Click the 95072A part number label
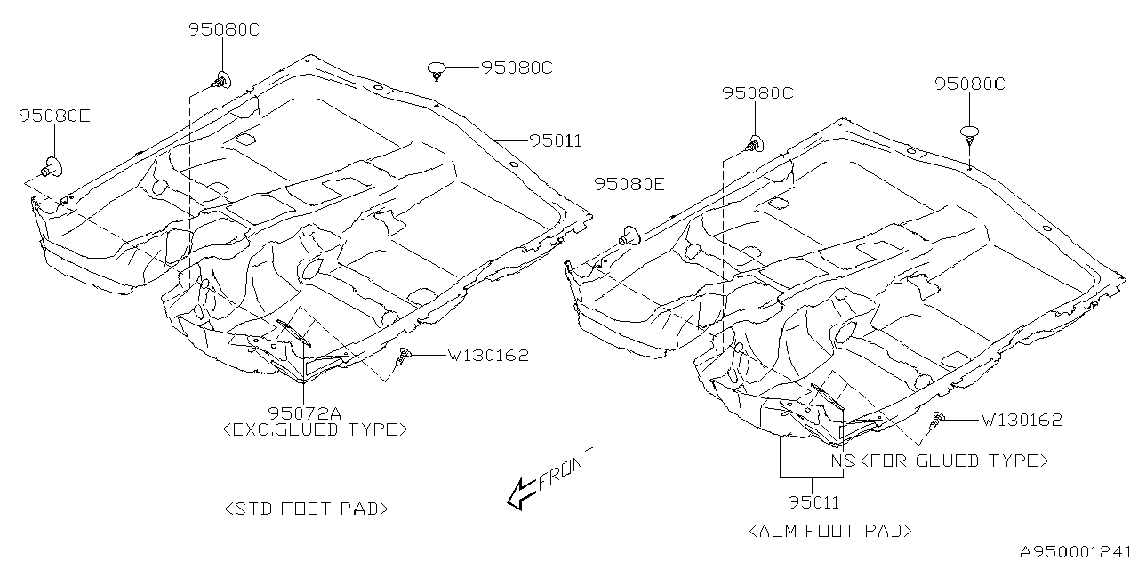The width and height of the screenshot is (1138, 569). point(302,412)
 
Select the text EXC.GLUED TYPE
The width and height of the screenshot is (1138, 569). point(315,429)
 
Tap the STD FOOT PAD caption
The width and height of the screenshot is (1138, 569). point(306,509)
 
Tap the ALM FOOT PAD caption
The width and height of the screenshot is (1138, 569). point(831,531)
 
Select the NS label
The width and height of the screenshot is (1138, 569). point(843,461)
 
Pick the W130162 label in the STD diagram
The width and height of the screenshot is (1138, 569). point(487,356)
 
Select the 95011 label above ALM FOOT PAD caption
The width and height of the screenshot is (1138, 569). point(813,502)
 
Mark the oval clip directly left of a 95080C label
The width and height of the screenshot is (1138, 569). point(438,68)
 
